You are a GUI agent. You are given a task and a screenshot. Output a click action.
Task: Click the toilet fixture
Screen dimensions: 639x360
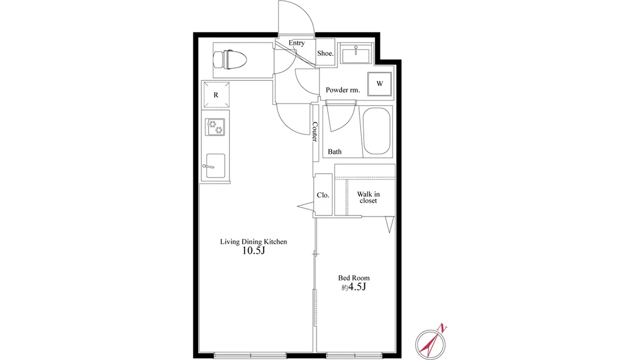(230, 60)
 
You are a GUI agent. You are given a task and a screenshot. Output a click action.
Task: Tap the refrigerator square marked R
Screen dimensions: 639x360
(216, 95)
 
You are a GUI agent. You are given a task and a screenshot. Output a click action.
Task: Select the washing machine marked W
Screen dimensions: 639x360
(379, 84)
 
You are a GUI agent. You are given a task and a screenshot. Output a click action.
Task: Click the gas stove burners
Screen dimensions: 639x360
(215, 127)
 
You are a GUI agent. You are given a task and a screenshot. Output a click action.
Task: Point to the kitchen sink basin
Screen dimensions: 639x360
(215, 166)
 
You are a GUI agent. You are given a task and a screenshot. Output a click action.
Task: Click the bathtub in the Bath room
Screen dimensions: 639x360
(376, 132)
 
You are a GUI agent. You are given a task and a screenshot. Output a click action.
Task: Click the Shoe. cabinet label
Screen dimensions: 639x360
(325, 53)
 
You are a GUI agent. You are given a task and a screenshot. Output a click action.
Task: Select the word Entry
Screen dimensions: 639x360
(297, 43)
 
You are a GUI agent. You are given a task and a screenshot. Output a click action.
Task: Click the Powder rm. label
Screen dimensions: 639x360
(342, 90)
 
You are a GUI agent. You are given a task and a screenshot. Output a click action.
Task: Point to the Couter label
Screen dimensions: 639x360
(315, 132)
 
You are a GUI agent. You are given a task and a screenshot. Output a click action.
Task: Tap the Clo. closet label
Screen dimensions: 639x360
(323, 195)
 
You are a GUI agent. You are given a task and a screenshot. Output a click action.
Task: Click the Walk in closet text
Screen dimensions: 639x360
(368, 198)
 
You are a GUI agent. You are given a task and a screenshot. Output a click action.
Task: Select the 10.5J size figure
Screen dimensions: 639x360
(253, 251)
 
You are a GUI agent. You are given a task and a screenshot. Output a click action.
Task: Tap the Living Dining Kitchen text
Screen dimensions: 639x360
(253, 242)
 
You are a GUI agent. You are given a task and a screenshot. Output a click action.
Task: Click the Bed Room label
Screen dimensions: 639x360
(354, 278)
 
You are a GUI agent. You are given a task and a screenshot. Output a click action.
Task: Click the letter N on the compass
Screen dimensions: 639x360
(443, 328)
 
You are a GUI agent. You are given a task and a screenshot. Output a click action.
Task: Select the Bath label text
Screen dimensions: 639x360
(334, 152)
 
